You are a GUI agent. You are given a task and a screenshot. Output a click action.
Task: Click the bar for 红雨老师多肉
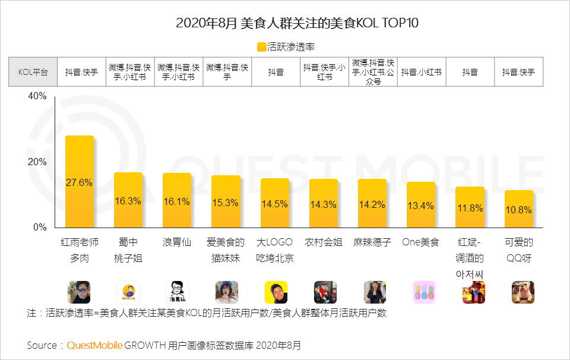79,181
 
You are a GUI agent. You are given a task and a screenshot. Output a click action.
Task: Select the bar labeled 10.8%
519,209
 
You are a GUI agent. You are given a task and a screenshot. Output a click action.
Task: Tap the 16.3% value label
128,201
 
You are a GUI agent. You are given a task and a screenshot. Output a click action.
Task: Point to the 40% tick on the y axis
37,97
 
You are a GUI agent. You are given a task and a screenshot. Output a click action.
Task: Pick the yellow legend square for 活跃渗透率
262,46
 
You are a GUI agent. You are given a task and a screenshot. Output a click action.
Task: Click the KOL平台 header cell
33,72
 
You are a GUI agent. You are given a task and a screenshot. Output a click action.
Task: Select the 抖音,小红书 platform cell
421,72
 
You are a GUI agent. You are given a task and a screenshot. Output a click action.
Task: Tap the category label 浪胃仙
176,242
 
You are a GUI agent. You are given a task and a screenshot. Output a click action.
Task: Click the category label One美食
420,242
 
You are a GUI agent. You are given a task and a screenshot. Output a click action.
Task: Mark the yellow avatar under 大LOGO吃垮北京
275,292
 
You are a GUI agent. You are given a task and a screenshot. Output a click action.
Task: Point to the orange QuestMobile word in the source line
95,345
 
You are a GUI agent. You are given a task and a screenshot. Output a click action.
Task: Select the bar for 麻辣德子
372,203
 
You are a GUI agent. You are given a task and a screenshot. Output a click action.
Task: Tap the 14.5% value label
274,204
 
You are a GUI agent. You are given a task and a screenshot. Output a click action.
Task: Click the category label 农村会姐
323,242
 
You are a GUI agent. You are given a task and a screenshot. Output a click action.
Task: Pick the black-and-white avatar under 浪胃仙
177,292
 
